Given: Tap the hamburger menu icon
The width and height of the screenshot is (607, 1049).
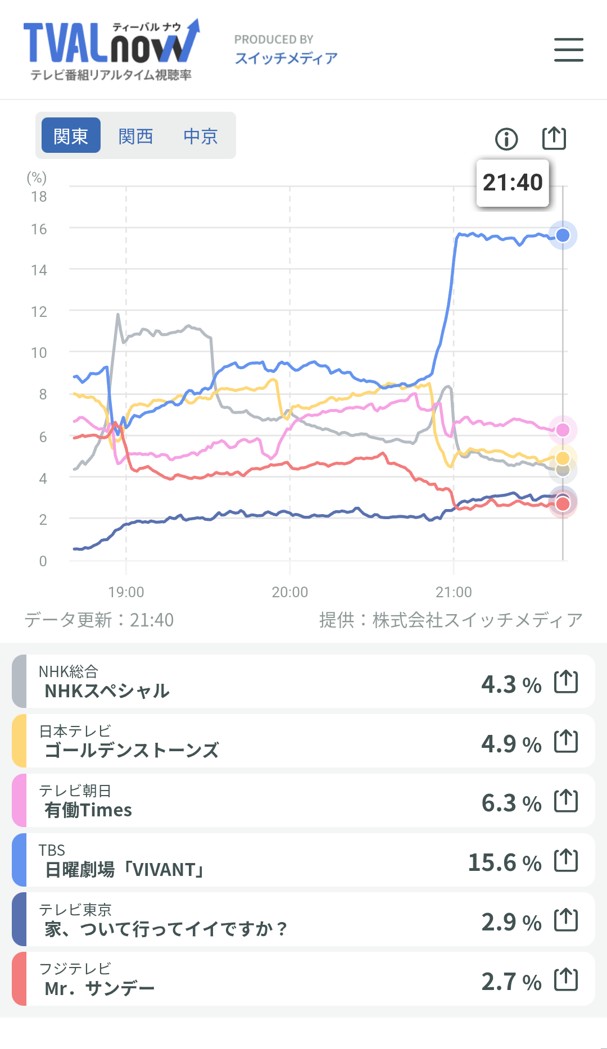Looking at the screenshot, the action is pos(568,49).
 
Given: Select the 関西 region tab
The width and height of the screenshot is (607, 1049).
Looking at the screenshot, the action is pos(135,136).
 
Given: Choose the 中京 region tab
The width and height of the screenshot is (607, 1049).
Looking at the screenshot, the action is pos(201,136).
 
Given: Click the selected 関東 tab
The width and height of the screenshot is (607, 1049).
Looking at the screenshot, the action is pos(71,135).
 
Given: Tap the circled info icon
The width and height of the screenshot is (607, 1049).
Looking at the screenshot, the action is pos(506,139).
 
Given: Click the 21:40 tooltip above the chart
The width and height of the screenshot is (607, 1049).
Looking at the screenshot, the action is pos(513,183).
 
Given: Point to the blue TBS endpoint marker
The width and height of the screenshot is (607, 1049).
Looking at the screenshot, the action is pos(563,235).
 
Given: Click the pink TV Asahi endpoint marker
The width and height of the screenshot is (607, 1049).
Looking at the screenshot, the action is pos(563,430).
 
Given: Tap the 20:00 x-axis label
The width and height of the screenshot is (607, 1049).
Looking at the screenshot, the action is pos(290,592).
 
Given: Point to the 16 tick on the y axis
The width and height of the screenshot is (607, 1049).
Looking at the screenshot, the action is pos(39,229).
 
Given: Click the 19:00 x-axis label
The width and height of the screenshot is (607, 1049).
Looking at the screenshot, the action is pos(126,592).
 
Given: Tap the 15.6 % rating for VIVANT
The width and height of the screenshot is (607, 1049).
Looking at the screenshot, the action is pos(505,862).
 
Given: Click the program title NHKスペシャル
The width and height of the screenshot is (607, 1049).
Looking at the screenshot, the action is pos(107,691).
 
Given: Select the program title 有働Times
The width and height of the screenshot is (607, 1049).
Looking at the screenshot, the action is pos(88,810).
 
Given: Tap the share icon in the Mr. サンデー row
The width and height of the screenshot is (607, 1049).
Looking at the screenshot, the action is pos(566,979).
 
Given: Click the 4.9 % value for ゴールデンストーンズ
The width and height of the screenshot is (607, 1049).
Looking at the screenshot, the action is pos(511,744).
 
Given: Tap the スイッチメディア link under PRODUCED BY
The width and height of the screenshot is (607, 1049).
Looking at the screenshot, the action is pos(286,58).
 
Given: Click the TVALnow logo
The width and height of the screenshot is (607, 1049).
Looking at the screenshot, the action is pos(111,50).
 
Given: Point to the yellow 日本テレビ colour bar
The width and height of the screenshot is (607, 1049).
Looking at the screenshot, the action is pos(19,741).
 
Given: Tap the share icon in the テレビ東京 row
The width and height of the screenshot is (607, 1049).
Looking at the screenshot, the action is pos(566,920).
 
